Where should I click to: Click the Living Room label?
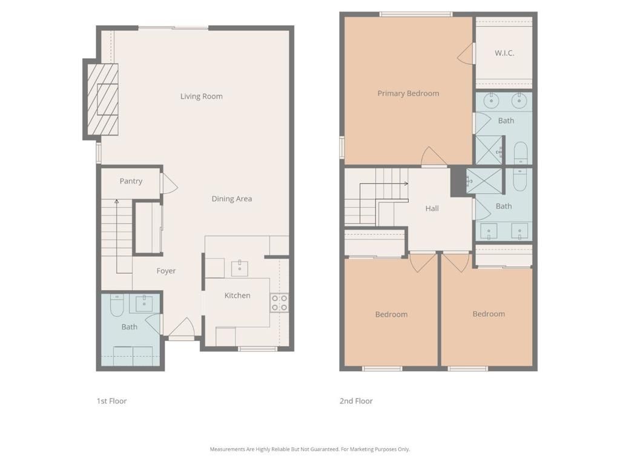click(201, 96)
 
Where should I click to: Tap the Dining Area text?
click(231, 199)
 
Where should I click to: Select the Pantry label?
click(131, 181)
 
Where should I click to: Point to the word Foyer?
click(166, 271)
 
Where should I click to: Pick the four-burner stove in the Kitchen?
click(279, 303)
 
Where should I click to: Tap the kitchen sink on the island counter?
click(240, 267)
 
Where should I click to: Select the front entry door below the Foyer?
click(182, 330)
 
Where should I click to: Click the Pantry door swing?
click(168, 184)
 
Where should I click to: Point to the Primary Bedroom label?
click(408, 93)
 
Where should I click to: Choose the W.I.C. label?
click(504, 53)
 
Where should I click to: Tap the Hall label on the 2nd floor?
click(432, 208)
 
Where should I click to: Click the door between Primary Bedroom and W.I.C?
click(466, 54)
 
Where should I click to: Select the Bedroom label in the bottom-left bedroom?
click(391, 314)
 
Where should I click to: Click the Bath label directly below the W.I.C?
click(506, 120)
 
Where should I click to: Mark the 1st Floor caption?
click(111, 401)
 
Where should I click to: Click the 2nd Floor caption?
click(356, 401)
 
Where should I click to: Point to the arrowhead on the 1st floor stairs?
click(116, 201)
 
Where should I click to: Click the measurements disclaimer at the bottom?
click(309, 449)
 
